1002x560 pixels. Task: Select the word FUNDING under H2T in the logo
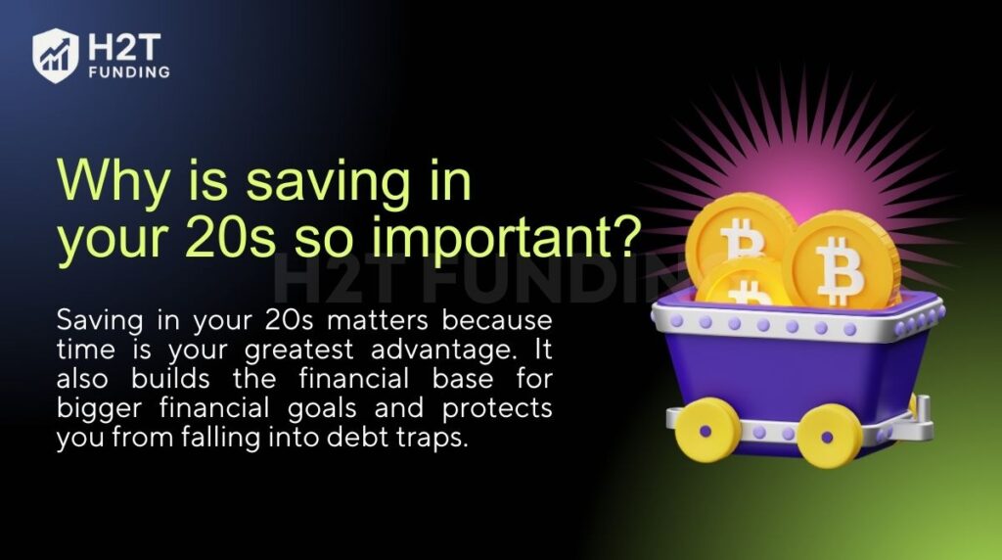[127, 71]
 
